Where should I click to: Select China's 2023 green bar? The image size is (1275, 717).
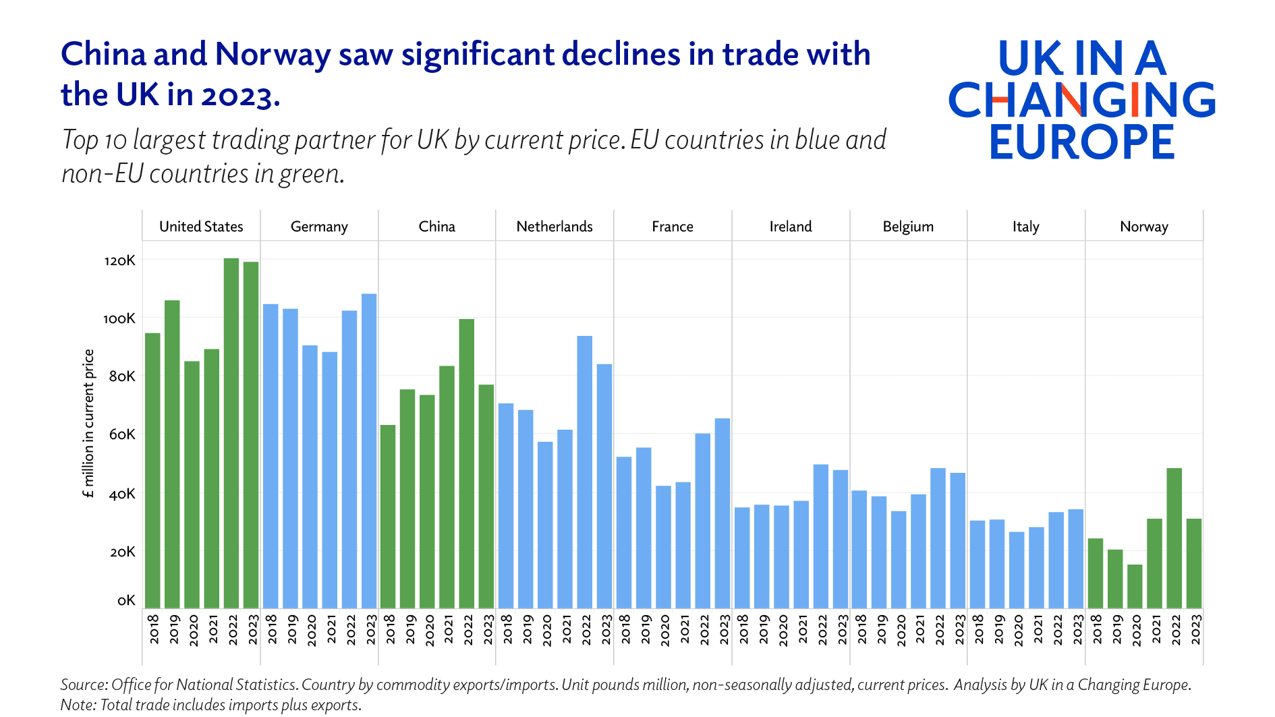[x=486, y=496]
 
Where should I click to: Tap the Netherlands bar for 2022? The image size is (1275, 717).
[x=585, y=472]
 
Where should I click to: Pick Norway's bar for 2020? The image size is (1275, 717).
[x=1135, y=586]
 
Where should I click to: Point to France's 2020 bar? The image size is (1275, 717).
[x=664, y=547]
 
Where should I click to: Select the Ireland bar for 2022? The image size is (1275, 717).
[x=821, y=536]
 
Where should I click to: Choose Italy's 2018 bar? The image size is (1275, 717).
[x=978, y=564]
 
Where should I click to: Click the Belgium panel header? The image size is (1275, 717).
[x=908, y=227]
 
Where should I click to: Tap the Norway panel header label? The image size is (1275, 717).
[x=1143, y=227]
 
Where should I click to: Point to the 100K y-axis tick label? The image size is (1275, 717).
[x=119, y=318]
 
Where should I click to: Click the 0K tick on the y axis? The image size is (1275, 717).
[x=126, y=600]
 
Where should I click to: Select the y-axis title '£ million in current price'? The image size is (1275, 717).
[x=88, y=424]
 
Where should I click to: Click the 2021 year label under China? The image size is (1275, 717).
[x=449, y=629]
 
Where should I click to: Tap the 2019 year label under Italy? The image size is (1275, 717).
[x=999, y=629]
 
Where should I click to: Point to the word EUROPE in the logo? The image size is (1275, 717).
[x=1082, y=142]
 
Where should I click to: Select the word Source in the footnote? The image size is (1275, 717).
[x=83, y=685]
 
